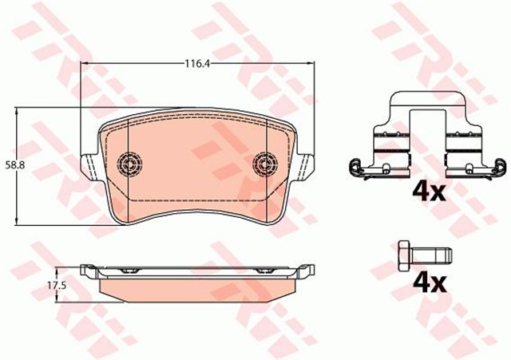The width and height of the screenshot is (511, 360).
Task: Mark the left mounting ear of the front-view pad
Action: tap(90, 163)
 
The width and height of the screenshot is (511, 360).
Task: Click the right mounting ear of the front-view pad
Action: tap(304, 163)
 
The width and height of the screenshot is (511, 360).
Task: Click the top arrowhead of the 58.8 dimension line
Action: tap(18, 112)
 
